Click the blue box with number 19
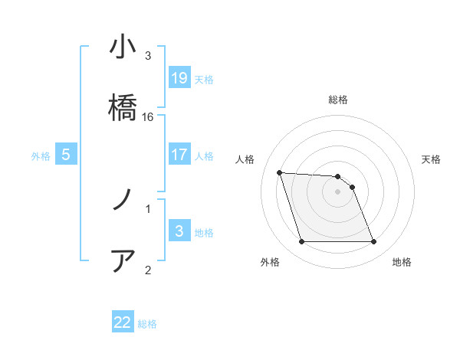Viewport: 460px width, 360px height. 179,78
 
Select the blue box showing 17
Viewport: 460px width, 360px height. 179,155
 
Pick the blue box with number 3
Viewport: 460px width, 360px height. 179,231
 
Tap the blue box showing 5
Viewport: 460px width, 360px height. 66,155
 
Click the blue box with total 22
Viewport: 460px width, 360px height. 123,322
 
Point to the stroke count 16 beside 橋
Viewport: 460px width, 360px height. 148,116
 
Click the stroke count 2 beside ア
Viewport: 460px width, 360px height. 148,269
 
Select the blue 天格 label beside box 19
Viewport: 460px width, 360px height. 204,79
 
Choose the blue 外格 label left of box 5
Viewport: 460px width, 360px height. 41,155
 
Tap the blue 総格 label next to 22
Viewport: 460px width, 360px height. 147,323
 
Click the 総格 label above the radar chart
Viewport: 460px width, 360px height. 338,100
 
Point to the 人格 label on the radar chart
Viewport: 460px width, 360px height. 245,159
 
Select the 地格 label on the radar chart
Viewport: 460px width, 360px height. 402,262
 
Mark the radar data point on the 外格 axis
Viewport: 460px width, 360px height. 301,242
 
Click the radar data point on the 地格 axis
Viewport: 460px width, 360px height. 374,242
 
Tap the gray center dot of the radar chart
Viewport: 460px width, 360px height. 337,191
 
